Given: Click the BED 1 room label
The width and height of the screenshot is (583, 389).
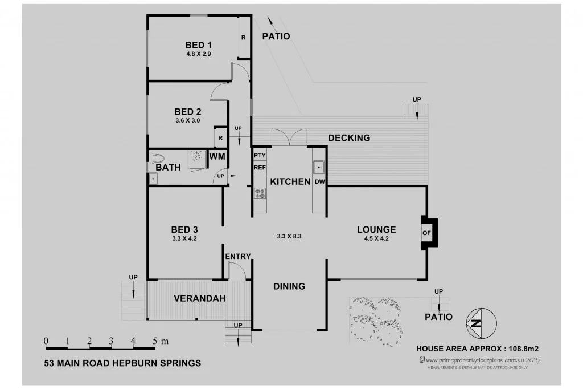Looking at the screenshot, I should coord(198,44).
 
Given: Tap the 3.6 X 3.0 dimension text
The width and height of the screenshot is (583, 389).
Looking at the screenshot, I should coord(187,120).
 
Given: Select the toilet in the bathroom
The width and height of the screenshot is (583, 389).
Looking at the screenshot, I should coord(157,158).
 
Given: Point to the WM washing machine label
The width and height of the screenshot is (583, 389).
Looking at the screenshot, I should coord(217,156).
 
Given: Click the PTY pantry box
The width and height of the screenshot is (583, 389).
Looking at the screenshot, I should coord(260,155).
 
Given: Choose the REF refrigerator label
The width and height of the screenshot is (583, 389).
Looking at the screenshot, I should coord(260,168).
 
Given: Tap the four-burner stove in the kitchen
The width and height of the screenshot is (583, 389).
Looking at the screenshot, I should coord(260,193).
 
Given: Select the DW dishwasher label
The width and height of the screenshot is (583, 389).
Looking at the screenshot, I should coord(319,182).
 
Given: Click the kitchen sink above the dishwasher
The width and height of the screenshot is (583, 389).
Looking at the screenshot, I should coord(319,167).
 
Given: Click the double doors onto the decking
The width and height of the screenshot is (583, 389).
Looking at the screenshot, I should coord(289,137).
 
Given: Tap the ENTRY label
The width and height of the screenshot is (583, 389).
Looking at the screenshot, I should coord(237,257).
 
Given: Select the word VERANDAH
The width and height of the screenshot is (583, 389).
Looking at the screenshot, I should coord(199,298).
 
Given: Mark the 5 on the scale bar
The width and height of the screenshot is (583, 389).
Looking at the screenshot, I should coord(154,341).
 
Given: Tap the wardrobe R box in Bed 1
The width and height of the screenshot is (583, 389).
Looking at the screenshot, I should coord(243,38).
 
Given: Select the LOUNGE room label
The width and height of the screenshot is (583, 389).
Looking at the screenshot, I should coord(376,230).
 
